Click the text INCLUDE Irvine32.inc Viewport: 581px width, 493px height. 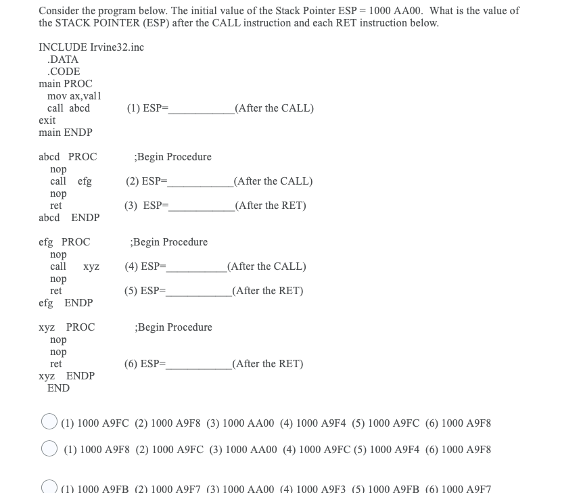point(91,47)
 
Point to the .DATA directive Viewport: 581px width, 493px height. point(63,60)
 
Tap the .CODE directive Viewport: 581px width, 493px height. point(64,72)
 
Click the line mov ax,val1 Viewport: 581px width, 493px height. point(74,96)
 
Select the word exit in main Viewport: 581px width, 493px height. point(47,120)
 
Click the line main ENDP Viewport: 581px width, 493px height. point(66,133)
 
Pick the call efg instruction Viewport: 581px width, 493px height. point(71,181)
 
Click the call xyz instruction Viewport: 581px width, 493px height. point(74,266)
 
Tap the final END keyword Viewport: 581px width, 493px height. point(58,388)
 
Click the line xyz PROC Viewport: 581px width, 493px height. point(67,327)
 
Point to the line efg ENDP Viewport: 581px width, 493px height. point(66,303)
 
